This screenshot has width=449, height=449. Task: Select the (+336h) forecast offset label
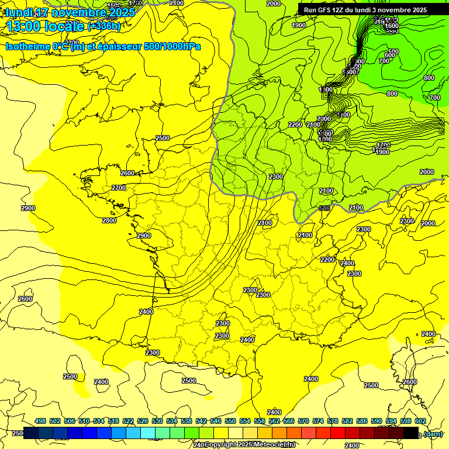103,26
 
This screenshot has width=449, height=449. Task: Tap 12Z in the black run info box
341,10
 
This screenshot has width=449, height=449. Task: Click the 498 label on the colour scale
40,421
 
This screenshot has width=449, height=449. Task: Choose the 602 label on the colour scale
420,421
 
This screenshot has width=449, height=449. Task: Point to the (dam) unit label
433,434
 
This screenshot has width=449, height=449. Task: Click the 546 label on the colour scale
216,421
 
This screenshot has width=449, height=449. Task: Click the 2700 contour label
119,188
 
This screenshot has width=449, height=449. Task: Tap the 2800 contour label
109,220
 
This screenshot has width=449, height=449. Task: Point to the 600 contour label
389,55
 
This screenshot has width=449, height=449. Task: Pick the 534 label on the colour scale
172,421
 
